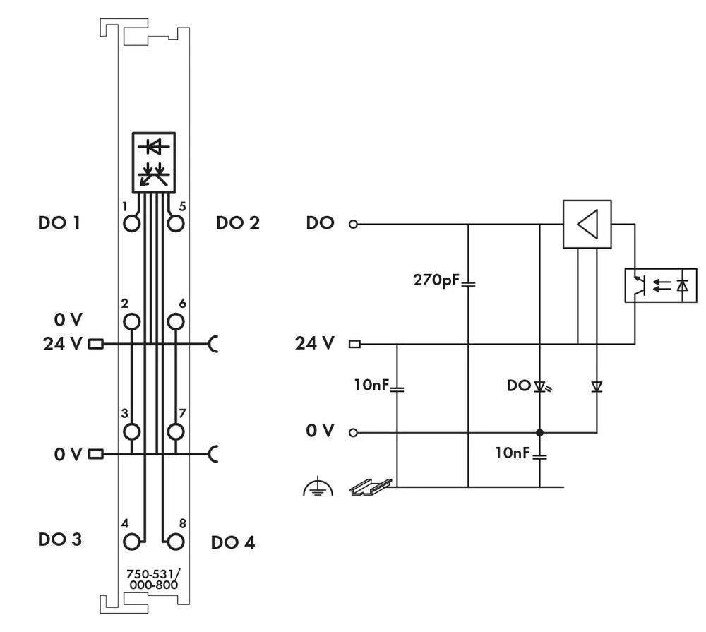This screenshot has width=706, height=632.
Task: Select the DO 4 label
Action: click(x=233, y=542)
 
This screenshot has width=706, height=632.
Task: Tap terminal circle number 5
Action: click(x=175, y=225)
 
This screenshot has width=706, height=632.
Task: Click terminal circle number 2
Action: click(x=131, y=322)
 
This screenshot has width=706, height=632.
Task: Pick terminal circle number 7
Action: click(x=175, y=431)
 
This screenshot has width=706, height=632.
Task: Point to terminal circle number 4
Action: click(x=131, y=542)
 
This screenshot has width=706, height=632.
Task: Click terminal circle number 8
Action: click(x=175, y=542)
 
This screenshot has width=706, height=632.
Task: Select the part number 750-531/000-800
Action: click(x=152, y=580)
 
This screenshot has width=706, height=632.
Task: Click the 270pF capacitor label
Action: click(x=436, y=280)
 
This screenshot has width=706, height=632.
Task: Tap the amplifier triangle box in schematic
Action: click(x=587, y=224)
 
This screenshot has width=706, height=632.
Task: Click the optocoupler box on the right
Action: click(x=660, y=285)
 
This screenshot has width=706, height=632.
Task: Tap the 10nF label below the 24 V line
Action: click(x=371, y=386)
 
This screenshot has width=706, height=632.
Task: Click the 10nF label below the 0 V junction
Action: click(x=512, y=453)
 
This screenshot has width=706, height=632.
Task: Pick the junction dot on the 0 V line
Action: click(x=539, y=431)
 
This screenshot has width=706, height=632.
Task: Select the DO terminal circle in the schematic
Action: click(x=354, y=225)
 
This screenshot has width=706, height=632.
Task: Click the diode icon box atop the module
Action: click(x=153, y=161)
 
